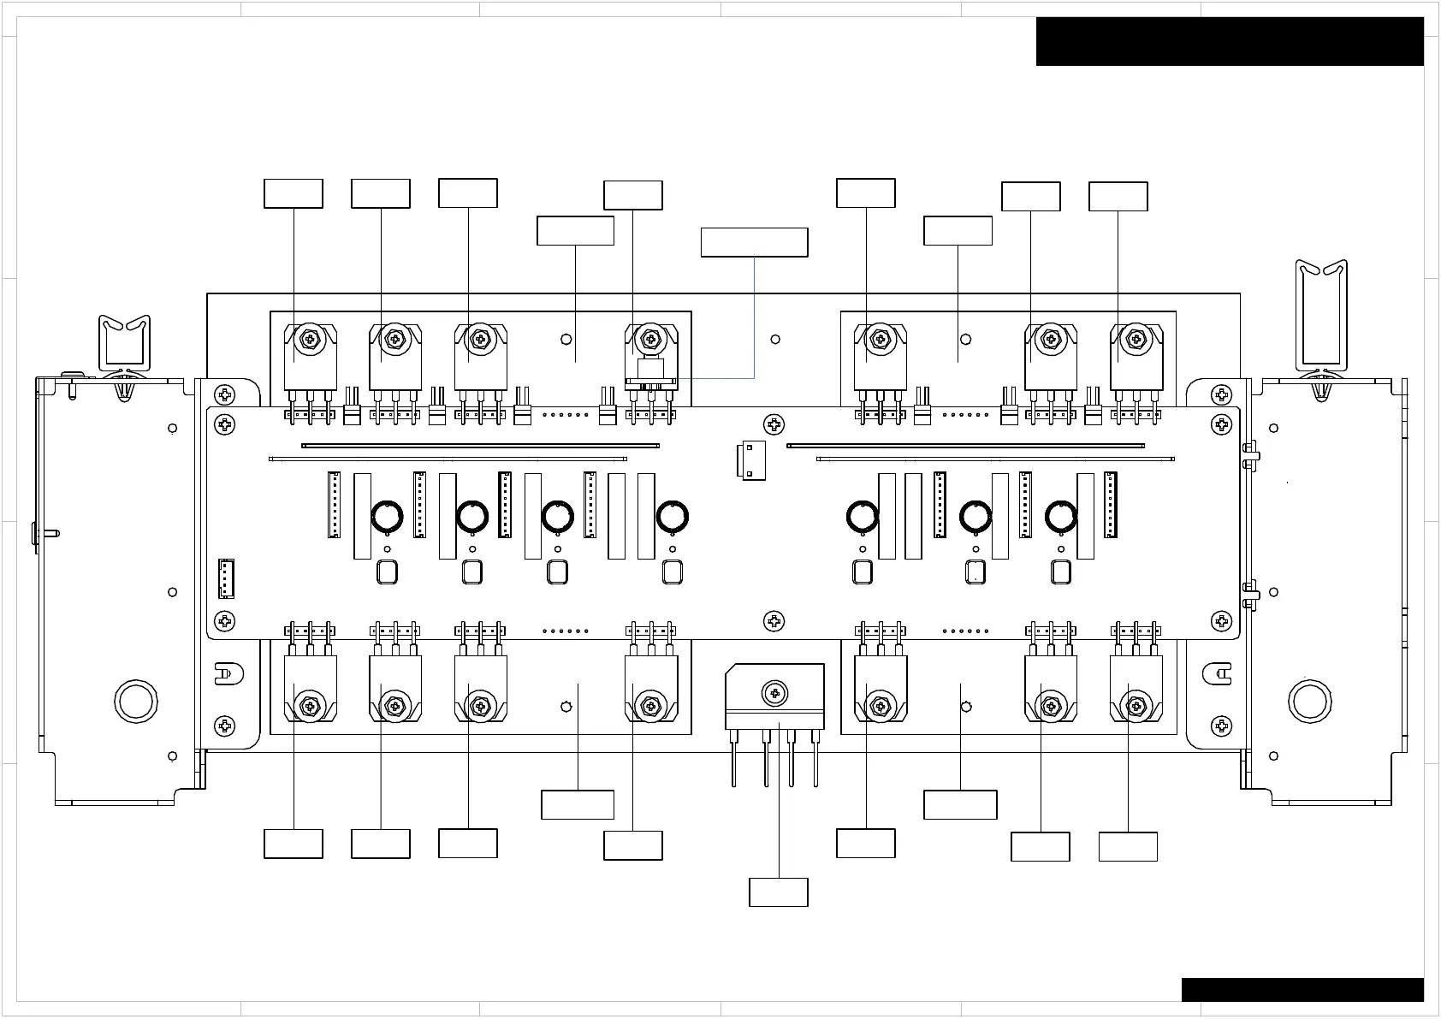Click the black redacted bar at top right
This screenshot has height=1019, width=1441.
pyautogui.click(x=1230, y=41)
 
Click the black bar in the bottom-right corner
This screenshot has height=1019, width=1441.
pyautogui.click(x=1302, y=990)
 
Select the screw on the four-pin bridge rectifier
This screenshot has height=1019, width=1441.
pyautogui.click(x=774, y=691)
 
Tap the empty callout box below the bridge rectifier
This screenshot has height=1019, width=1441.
pyautogui.click(x=779, y=892)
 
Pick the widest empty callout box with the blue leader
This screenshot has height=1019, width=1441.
pyautogui.click(x=754, y=242)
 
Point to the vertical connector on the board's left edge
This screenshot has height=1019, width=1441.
pyautogui.click(x=226, y=578)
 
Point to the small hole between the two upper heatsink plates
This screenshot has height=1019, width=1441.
pyautogui.click(x=775, y=340)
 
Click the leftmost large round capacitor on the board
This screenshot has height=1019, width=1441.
pyautogui.click(x=387, y=517)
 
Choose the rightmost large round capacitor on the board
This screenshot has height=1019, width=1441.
pyautogui.click(x=1061, y=517)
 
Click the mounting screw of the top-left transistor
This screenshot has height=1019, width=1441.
pyautogui.click(x=308, y=340)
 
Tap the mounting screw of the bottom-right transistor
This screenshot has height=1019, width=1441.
pyautogui.click(x=1136, y=707)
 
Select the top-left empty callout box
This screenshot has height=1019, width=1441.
pyautogui.click(x=294, y=193)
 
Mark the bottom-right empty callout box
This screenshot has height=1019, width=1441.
pyautogui.click(x=1128, y=847)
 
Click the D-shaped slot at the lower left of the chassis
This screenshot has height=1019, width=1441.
pyautogui.click(x=226, y=674)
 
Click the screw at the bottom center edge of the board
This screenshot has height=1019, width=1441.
pyautogui.click(x=774, y=621)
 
